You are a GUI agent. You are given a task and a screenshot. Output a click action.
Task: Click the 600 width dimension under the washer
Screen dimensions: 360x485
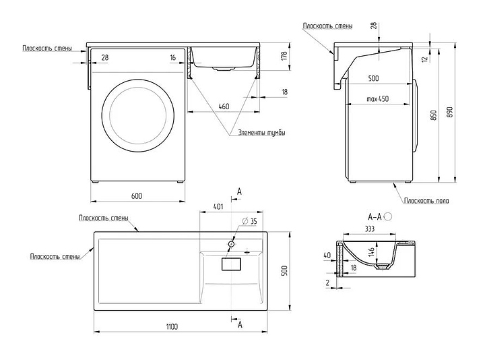[136, 196]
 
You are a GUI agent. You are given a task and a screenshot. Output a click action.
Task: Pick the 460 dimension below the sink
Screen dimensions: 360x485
[224, 106]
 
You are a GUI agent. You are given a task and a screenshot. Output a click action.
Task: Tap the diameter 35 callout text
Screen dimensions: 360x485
[249, 222]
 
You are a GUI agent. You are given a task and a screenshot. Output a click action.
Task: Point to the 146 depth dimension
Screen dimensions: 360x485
[370, 254]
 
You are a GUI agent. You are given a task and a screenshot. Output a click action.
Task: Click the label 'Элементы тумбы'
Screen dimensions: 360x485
[261, 133]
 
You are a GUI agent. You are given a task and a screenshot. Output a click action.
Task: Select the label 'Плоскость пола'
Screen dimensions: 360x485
[427, 201]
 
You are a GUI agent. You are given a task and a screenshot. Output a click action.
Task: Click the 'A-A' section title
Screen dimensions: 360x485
[375, 217]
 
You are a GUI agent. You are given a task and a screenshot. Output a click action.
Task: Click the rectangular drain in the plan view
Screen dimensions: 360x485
[233, 264]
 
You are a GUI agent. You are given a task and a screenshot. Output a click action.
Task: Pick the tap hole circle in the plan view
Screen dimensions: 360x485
[231, 241]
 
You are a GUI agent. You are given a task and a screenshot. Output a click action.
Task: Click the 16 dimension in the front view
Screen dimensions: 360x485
[173, 59]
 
